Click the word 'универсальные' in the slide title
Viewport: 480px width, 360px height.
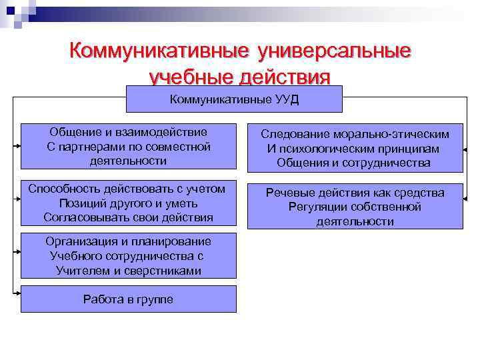tap(333, 51)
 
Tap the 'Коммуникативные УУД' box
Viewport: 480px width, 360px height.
tap(234, 99)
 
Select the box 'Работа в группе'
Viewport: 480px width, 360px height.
tap(128, 299)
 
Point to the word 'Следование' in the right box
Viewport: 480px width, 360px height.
tap(291, 134)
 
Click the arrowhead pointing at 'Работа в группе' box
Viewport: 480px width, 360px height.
tap(17, 293)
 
